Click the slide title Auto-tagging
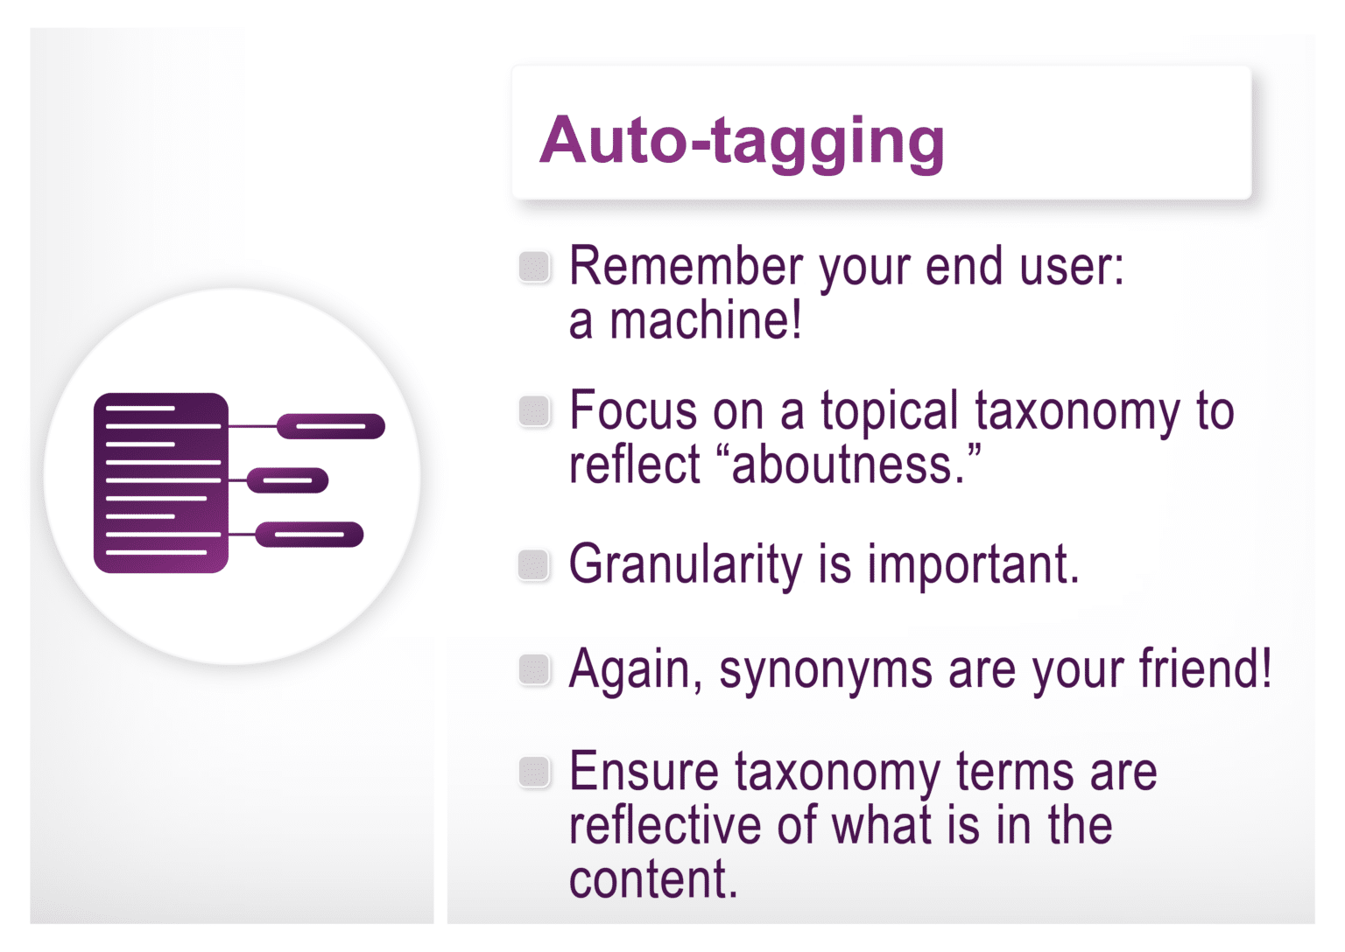click(742, 140)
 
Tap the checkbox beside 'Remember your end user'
click(534, 267)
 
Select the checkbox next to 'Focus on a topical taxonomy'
click(534, 410)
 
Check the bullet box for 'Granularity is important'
click(534, 564)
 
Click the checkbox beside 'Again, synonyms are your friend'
click(534, 669)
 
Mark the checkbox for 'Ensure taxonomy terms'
click(534, 772)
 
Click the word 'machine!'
click(706, 320)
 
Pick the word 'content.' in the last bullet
click(653, 879)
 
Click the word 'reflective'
click(665, 825)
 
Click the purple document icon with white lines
click(161, 483)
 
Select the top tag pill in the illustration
click(331, 426)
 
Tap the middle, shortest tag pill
click(287, 480)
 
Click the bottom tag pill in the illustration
click(309, 534)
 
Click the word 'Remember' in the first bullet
click(686, 266)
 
